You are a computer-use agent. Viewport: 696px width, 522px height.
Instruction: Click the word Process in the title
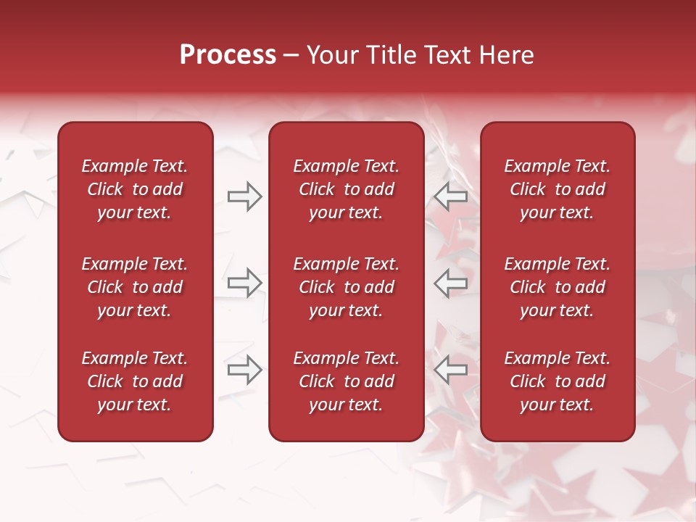pos(228,55)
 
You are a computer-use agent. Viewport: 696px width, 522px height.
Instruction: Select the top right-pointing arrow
pos(245,196)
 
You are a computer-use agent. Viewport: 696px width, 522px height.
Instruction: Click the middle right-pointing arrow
pos(245,283)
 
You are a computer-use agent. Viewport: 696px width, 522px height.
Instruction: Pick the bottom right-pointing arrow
pos(245,370)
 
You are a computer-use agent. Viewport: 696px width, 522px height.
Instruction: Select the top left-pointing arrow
pos(451,196)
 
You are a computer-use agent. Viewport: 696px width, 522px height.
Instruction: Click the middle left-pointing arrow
pos(451,283)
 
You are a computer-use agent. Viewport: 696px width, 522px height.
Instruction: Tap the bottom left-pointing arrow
pos(451,370)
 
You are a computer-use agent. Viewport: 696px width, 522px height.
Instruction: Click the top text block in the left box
pos(135,189)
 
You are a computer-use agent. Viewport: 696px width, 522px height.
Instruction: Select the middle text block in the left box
pos(135,287)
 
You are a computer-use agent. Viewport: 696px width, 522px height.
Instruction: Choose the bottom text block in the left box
pos(135,381)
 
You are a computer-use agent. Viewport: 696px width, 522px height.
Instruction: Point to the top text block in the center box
pos(347,189)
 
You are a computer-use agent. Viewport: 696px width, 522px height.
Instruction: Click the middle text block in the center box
pos(347,287)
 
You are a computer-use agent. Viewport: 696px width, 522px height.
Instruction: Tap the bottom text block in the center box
pos(347,381)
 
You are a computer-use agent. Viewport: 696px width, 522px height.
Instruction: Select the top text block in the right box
pos(558,189)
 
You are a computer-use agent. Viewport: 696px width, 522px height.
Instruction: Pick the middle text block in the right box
pos(558,287)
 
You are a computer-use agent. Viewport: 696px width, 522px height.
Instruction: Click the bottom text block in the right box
pos(558,381)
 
